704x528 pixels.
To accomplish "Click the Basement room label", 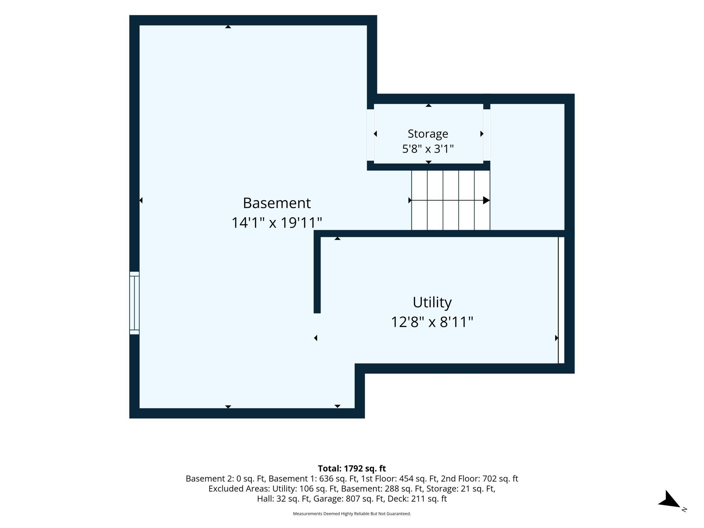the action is [277, 203].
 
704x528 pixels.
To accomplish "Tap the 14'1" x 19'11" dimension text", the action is [277, 223].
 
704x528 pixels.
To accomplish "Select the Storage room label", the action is [428, 134].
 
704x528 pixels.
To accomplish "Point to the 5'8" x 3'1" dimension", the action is [428, 149].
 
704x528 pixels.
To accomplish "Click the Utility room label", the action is [432, 302].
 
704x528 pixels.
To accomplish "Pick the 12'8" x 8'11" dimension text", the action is [432, 322].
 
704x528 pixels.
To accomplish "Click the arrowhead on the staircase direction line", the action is [486, 200].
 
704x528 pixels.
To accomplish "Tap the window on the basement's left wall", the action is [134, 303].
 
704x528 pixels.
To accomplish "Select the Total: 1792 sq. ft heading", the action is [352, 468].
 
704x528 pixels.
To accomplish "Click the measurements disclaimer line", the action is [352, 514].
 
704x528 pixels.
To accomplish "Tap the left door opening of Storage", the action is [370, 135].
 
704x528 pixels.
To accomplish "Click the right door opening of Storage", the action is [486, 135].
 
